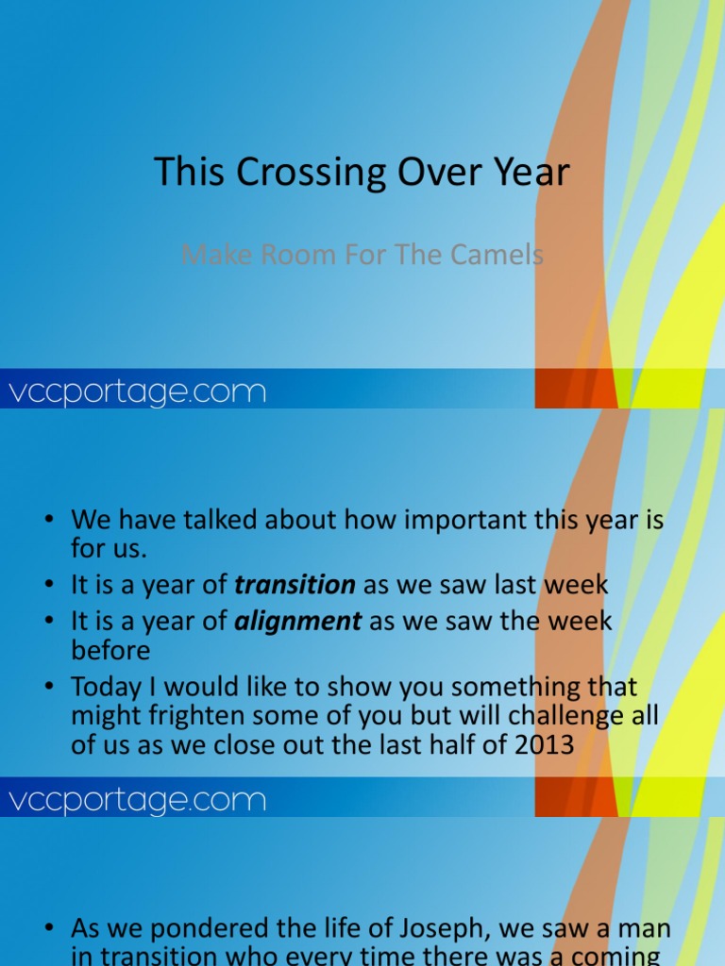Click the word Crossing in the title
pyautogui.click(x=296, y=174)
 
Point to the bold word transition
pyautogui.click(x=295, y=585)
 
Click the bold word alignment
pyautogui.click(x=298, y=621)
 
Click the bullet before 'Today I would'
pyautogui.click(x=49, y=688)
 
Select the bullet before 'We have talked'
pyautogui.click(x=49, y=521)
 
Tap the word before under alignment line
pyautogui.click(x=110, y=651)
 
